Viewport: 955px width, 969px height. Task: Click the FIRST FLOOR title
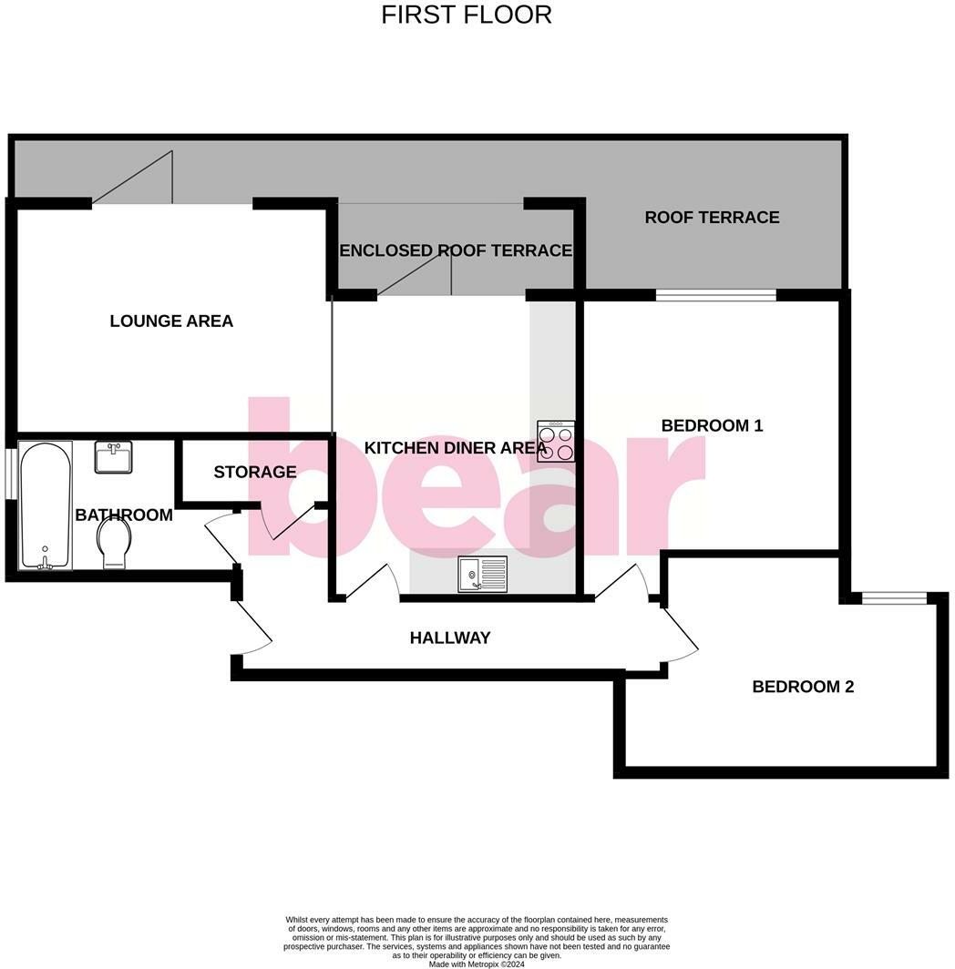coord(466,15)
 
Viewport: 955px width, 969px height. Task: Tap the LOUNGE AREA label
coord(171,321)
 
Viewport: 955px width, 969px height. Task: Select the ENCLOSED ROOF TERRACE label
coord(456,250)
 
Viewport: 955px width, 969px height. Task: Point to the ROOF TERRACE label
coord(712,217)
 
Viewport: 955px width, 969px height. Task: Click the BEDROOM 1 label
coord(712,425)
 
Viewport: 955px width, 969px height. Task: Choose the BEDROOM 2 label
coord(803,687)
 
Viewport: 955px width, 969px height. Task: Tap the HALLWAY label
coord(450,637)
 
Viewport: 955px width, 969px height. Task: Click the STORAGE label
coord(255,472)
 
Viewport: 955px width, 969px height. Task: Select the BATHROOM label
coord(124,515)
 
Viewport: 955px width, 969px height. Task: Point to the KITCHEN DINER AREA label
coord(456,447)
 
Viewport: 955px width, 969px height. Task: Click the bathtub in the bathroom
coord(46,505)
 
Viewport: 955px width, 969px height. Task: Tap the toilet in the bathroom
coord(114,544)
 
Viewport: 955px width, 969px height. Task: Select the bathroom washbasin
coord(114,456)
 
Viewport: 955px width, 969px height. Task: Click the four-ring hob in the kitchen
coord(556,441)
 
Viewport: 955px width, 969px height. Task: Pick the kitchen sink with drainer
coord(483,575)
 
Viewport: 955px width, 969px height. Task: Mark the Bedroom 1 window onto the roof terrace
coord(715,294)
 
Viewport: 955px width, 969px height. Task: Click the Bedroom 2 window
coord(894,597)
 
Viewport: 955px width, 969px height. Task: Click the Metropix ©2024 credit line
coord(477,964)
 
